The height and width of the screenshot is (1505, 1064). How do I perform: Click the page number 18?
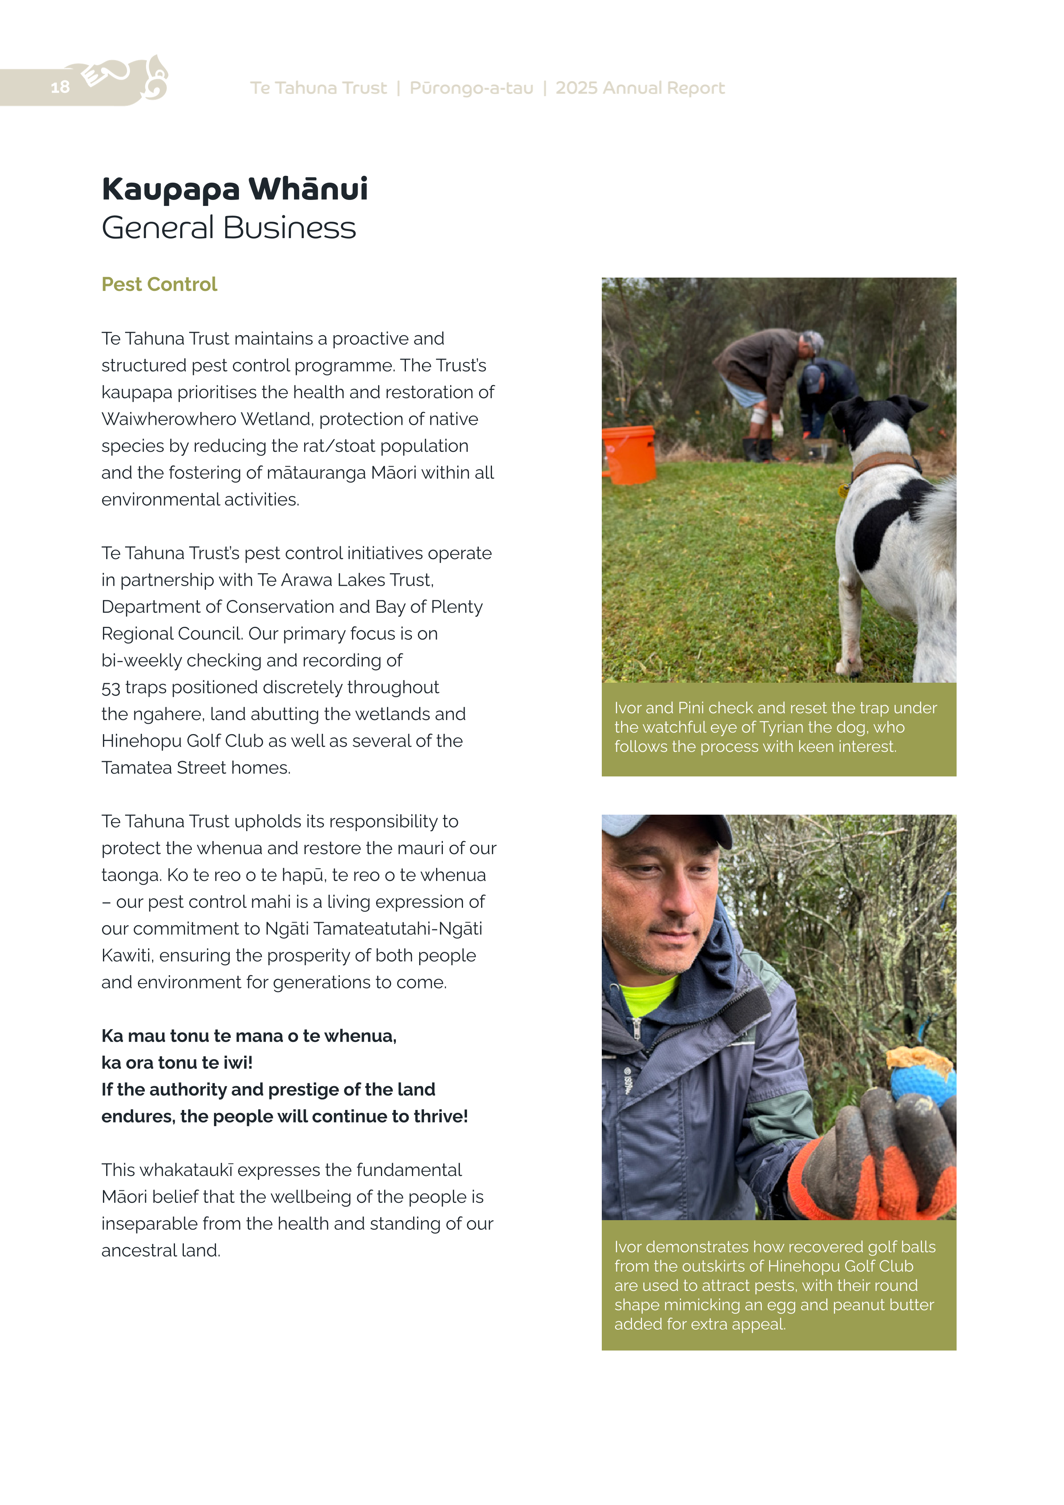60,87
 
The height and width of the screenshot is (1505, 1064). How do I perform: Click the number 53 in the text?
111,688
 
